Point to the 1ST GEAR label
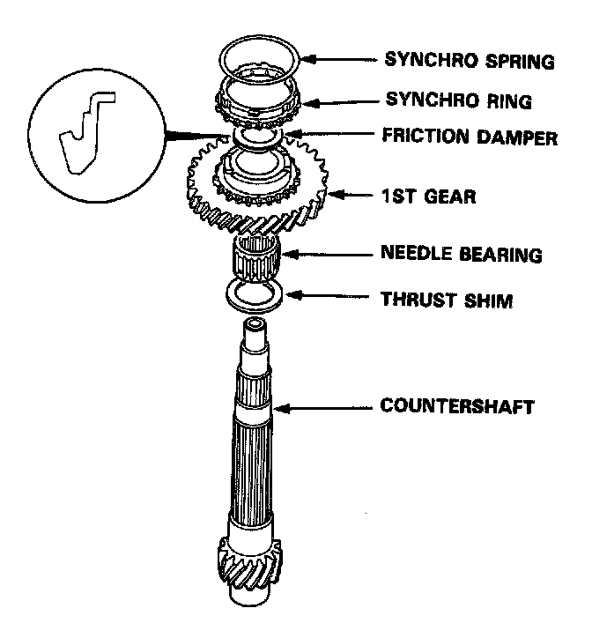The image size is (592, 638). tap(429, 197)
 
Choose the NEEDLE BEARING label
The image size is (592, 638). tap(461, 255)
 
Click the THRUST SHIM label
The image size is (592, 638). tap(446, 300)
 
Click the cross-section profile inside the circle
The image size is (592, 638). tap(85, 133)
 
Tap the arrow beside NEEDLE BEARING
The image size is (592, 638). tap(325, 255)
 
